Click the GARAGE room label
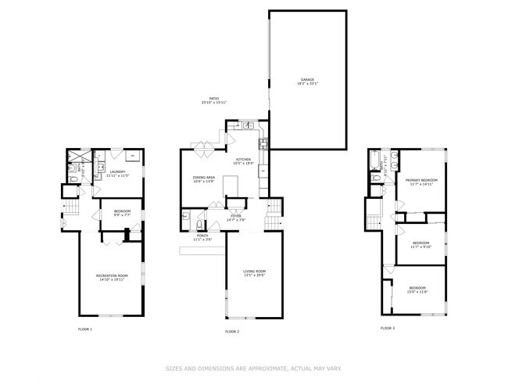click(307, 79)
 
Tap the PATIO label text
click(213, 99)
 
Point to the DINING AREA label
click(204, 178)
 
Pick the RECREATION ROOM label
click(113, 276)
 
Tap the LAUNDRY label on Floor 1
click(118, 172)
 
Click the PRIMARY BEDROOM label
click(420, 180)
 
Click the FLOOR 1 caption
click(85, 329)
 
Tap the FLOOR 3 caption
click(388, 328)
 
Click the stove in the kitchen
click(264, 142)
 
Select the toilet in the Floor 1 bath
click(72, 180)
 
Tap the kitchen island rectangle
click(231, 185)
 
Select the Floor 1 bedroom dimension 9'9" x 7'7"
click(123, 214)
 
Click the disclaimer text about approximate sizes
click(254, 368)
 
